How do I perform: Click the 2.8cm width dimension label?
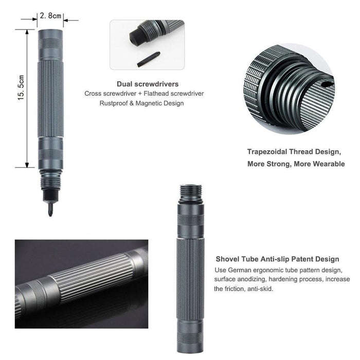coord(50,15)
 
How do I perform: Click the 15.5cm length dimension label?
coord(21,87)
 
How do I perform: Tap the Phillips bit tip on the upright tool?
coord(50,210)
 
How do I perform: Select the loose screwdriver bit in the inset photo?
coord(149,59)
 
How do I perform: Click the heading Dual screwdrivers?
coord(148,84)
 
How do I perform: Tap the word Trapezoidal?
coord(267,152)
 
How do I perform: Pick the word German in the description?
coord(240,270)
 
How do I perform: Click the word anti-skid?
coord(260,289)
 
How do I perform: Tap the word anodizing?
coord(252,279)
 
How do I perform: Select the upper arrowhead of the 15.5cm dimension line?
coord(27,32)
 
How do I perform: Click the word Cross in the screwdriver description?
coord(92,94)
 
